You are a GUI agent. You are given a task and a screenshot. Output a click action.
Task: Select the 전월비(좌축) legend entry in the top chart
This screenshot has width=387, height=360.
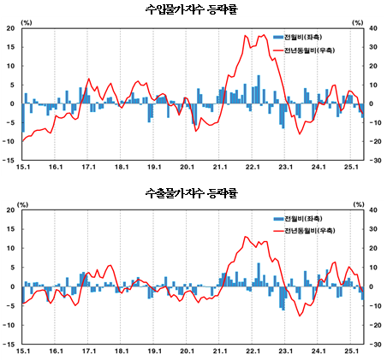(306, 37)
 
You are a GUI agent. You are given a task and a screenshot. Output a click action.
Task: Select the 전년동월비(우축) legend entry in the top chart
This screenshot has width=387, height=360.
(310, 51)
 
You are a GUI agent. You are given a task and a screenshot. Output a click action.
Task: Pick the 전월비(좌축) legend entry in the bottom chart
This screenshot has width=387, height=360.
(306, 218)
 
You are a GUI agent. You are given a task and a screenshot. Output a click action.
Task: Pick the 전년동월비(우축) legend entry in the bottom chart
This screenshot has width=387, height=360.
(310, 231)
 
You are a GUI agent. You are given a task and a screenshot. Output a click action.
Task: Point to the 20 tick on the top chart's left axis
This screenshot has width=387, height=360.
(10, 28)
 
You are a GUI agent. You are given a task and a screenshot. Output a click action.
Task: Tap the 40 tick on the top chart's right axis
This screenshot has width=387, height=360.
(374, 28)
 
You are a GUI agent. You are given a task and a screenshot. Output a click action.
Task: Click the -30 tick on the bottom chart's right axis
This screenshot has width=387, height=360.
(374, 344)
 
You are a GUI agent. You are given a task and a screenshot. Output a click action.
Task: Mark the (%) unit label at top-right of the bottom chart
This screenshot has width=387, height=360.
(357, 204)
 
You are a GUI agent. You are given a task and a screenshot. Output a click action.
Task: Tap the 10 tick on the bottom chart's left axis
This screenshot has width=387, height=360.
(10, 248)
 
